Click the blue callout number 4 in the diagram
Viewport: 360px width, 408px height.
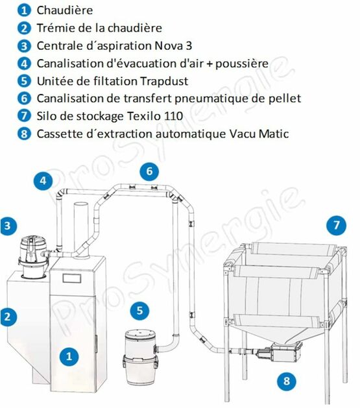pyautogui.click(x=43, y=180)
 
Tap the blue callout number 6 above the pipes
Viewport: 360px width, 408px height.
pyautogui.click(x=149, y=171)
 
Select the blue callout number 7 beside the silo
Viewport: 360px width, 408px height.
pyautogui.click(x=335, y=226)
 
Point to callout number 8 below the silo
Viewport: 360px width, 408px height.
pyautogui.click(x=283, y=380)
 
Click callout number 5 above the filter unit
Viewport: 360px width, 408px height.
pyautogui.click(x=139, y=310)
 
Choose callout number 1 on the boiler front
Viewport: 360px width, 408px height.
pyautogui.click(x=69, y=355)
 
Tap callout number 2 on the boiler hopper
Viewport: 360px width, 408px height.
pyautogui.click(x=8, y=317)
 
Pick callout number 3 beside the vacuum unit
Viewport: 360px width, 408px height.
pyautogui.click(x=8, y=226)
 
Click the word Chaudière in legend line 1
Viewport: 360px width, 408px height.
pyautogui.click(x=64, y=10)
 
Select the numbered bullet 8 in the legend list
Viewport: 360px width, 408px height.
pyautogui.click(x=24, y=134)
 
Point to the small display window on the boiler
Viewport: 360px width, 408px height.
pyautogui.click(x=71, y=280)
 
